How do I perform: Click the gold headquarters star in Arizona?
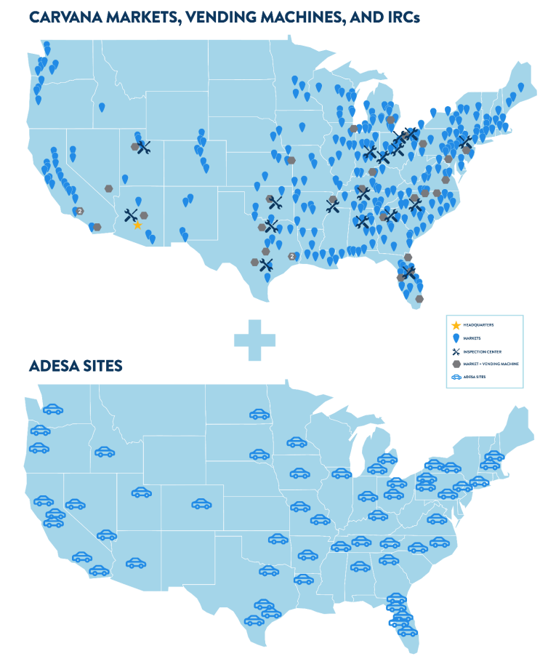click(137, 225)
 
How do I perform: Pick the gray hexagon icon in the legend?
click(456, 363)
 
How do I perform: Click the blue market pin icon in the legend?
click(456, 338)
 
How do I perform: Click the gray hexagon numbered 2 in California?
click(80, 211)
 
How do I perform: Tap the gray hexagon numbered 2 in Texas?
click(292, 256)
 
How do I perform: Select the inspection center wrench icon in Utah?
click(144, 148)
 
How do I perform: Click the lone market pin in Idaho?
click(102, 108)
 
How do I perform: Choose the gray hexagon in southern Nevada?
click(108, 188)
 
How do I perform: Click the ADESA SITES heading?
click(76, 366)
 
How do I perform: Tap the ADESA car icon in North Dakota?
click(259, 414)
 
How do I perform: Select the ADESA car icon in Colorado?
click(201, 503)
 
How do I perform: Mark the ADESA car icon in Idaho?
click(105, 452)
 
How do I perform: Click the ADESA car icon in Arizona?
click(135, 562)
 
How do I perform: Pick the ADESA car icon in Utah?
click(141, 492)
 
